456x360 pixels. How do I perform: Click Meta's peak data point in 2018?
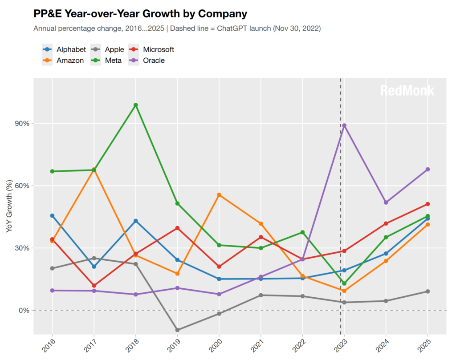coord(135,105)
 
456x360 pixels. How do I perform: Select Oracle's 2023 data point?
coord(344,125)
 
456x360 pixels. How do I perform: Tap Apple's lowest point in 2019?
coord(177,330)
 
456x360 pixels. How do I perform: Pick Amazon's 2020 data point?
coord(219,195)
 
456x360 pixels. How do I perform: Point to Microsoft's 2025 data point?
coord(427,204)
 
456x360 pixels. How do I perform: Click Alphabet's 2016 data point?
coord(53,215)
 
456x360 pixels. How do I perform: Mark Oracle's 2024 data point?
coord(386,202)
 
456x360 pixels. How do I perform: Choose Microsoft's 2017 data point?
coord(94,286)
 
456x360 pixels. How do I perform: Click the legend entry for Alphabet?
coord(64,49)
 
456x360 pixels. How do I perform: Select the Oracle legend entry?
coord(147,61)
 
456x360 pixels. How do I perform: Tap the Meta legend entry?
coord(106,61)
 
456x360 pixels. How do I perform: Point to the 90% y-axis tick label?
coord(22,124)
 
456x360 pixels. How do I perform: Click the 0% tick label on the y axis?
coord(24,310)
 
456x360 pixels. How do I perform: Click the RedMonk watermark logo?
coord(407,91)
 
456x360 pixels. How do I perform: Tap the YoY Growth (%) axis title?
coord(9,206)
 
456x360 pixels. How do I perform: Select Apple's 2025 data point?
coord(427,291)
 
